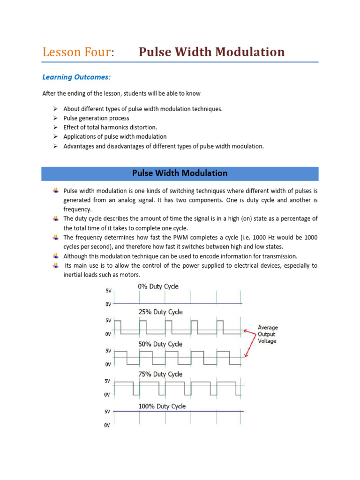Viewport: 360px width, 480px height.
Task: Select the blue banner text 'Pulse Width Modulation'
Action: point(180,173)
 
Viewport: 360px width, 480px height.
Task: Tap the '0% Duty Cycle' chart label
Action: point(158,286)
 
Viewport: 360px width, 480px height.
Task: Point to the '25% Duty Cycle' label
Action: point(160,312)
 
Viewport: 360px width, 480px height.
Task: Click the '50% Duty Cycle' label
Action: point(160,344)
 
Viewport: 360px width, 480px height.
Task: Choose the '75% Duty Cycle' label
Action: point(160,374)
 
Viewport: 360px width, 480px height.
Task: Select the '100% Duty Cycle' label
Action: point(162,406)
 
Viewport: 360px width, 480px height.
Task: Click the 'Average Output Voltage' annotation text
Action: point(268,334)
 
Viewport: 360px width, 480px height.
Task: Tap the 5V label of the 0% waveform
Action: point(108,291)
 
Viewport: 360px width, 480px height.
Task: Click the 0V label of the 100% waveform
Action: point(107,425)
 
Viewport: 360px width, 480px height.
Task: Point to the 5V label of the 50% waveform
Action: point(108,351)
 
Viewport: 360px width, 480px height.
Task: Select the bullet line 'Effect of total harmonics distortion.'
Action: point(111,127)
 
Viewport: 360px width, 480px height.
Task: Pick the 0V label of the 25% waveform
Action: point(108,334)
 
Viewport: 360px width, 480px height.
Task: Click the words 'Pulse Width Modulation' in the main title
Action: point(211,52)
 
